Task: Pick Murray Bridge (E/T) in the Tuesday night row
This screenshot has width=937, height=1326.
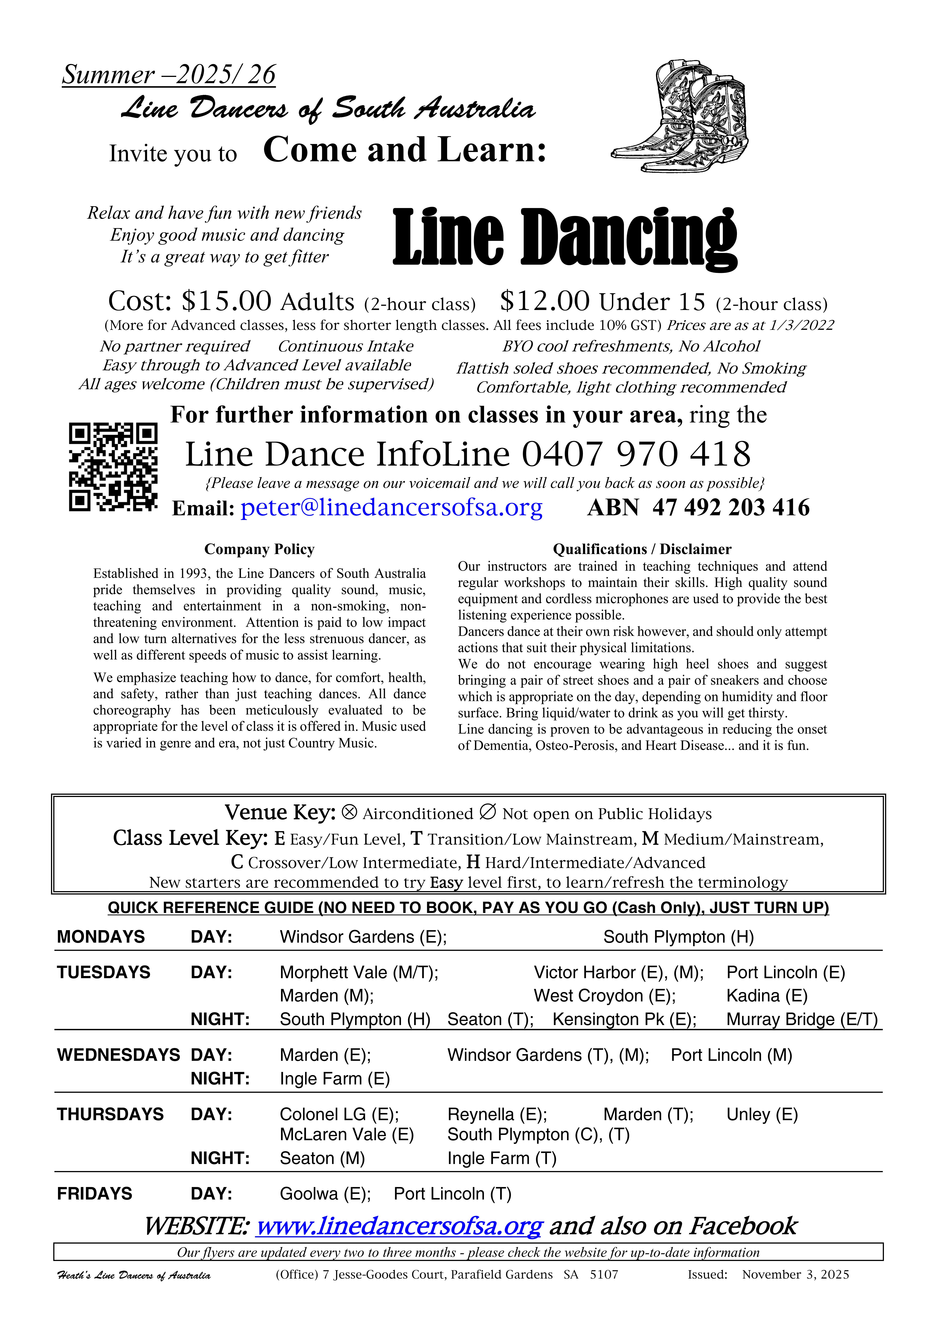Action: click(x=801, y=1019)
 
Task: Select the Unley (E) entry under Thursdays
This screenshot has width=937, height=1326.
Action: click(x=762, y=1114)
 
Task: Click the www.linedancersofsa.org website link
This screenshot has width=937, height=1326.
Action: click(x=398, y=1225)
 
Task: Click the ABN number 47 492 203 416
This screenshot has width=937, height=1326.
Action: click(x=730, y=508)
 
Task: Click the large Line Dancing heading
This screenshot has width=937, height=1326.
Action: click(x=565, y=238)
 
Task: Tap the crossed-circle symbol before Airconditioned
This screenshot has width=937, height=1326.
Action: click(x=349, y=812)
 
